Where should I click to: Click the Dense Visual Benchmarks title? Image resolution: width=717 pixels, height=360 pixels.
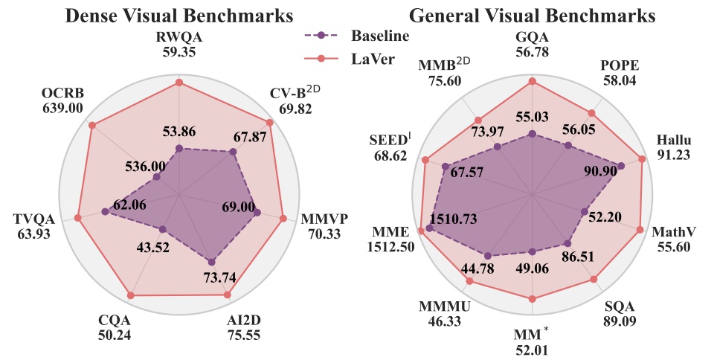(x=178, y=16)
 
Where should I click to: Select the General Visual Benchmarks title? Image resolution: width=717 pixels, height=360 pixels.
(x=532, y=16)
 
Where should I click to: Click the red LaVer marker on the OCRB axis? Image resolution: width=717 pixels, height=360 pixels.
(x=92, y=125)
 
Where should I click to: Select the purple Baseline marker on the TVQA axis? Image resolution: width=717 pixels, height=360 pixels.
(x=105, y=212)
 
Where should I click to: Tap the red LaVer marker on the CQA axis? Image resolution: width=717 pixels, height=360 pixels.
(x=131, y=295)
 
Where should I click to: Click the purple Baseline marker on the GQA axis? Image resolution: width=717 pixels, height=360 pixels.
(x=532, y=134)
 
